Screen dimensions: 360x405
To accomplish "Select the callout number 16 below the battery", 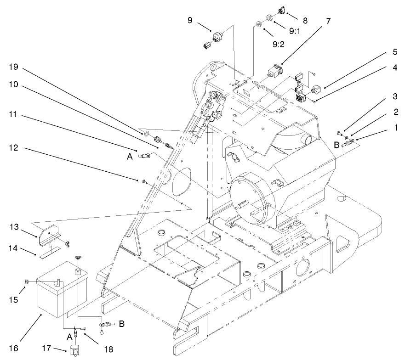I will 14,348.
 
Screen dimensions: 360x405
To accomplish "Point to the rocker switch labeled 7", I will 275,72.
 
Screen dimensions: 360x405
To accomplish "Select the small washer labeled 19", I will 145,135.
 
